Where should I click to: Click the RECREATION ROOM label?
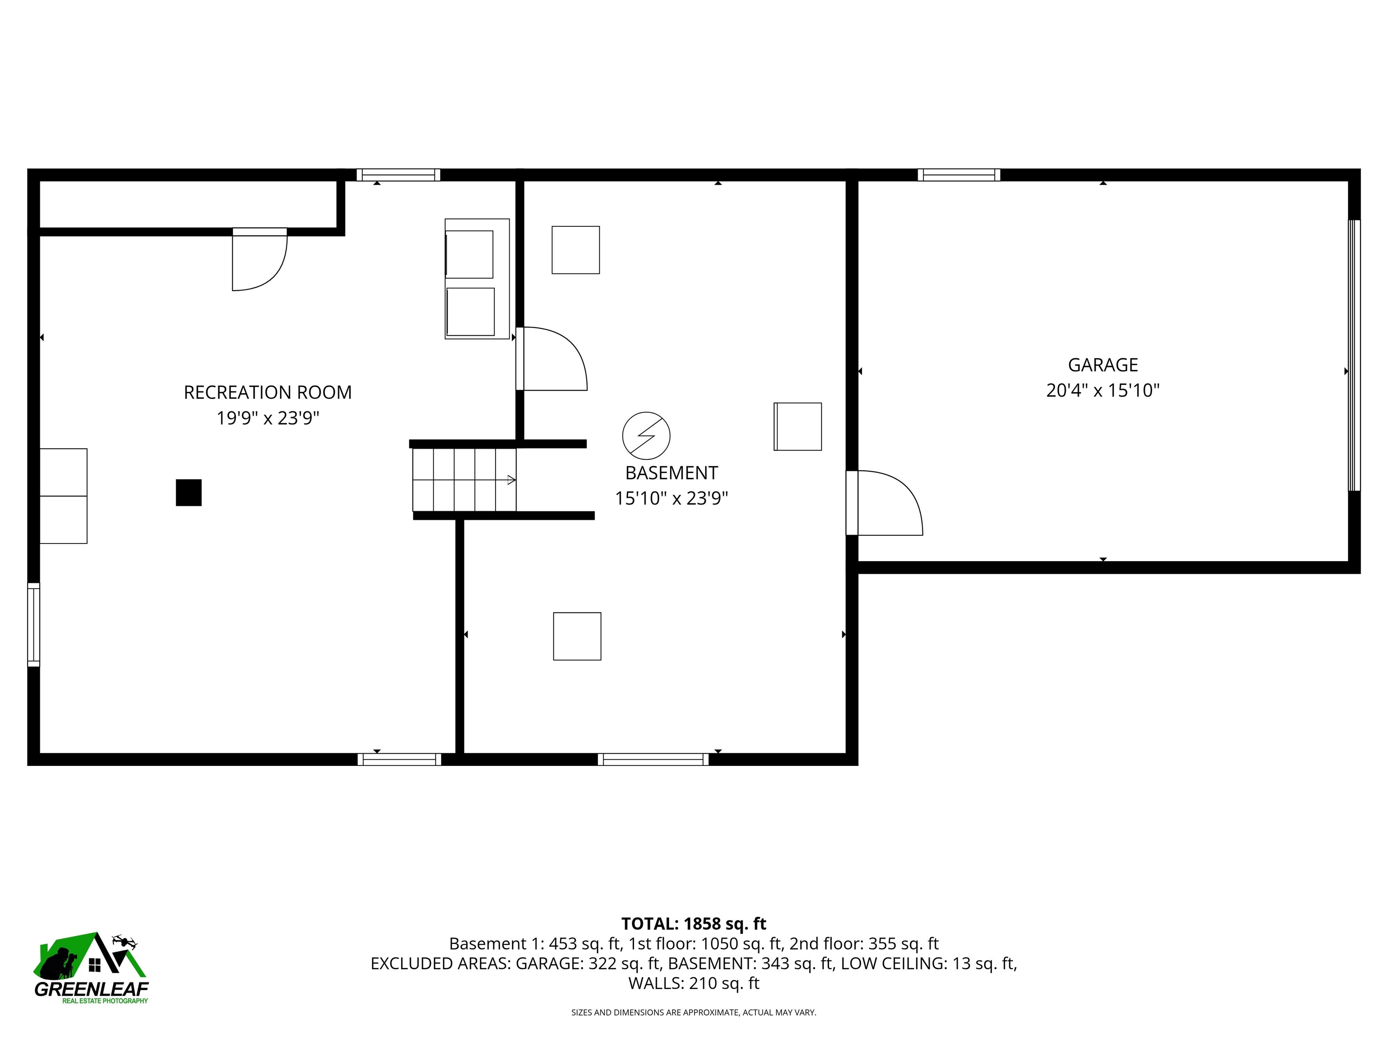pyautogui.click(x=267, y=392)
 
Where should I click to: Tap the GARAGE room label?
pyautogui.click(x=1102, y=365)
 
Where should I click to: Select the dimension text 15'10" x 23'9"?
pyautogui.click(x=671, y=498)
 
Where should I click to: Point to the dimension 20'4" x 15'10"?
pyautogui.click(x=1102, y=390)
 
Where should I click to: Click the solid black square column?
pyautogui.click(x=188, y=492)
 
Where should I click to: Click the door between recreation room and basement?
pyautogui.click(x=551, y=359)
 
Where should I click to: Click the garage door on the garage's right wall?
pyautogui.click(x=1354, y=355)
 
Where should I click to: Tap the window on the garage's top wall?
pyautogui.click(x=958, y=175)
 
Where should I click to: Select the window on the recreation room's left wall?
pyautogui.click(x=34, y=624)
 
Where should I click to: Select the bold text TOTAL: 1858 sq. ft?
pyautogui.click(x=694, y=924)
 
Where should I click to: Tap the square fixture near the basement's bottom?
pyautogui.click(x=577, y=636)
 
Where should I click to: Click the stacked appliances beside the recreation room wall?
pyautogui.click(x=476, y=279)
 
